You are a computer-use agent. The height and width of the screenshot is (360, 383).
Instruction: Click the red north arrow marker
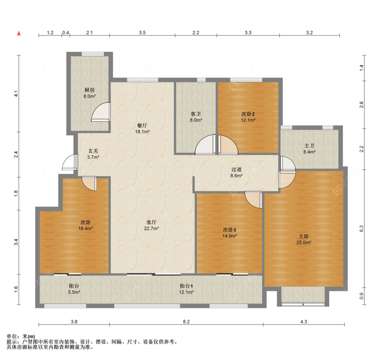[19, 33]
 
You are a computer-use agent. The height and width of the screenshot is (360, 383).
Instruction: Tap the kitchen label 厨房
[90, 90]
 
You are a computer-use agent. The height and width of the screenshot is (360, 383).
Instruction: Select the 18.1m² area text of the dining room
[142, 132]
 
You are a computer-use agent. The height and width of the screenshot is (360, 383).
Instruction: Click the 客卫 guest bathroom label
[196, 114]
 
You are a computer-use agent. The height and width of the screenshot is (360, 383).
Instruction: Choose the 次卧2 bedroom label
[248, 114]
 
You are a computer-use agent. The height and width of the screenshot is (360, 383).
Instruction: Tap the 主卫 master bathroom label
[309, 146]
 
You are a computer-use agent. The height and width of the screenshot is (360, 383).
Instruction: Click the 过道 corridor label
[236, 169]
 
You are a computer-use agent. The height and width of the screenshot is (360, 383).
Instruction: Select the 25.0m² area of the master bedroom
[304, 243]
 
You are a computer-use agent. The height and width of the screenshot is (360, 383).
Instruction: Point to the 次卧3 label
[229, 230]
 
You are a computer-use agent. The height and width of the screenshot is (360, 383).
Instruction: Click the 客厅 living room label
[151, 222]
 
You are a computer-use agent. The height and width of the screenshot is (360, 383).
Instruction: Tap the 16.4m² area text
[85, 229]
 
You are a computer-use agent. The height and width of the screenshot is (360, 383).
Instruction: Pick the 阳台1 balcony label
[186, 286]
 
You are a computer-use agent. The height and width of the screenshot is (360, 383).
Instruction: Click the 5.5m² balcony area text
[74, 292]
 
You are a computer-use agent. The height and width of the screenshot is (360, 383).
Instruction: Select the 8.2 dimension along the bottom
[186, 322]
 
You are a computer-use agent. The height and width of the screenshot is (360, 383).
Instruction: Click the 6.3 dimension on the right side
[362, 229]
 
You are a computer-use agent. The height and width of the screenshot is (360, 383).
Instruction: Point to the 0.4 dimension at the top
[65, 32]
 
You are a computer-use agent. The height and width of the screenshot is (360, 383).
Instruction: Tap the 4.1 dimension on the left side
[16, 94]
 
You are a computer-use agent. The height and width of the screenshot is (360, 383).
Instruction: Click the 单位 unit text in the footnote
[12, 336]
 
